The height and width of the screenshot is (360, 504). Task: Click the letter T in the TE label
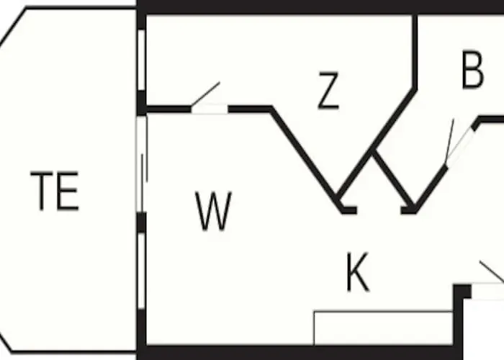point(42,191)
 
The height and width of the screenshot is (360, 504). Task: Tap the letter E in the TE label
point(68,191)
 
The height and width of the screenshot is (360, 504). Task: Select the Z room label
point(328,91)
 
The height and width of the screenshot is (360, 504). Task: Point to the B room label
point(472,69)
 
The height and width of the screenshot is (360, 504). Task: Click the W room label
point(213,211)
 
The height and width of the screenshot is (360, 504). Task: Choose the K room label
point(358,272)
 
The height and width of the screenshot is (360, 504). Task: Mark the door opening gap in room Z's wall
point(210,109)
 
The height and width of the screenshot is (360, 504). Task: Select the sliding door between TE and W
point(142,164)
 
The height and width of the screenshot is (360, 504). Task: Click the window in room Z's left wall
point(141,60)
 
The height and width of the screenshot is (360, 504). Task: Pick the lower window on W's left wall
point(141,271)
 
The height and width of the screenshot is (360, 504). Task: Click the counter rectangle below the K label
point(383,328)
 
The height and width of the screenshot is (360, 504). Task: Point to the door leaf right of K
point(492,271)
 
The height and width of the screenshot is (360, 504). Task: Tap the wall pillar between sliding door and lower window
point(141,222)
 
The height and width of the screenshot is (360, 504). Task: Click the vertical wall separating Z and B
point(415,51)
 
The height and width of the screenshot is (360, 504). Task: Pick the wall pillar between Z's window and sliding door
point(141,103)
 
